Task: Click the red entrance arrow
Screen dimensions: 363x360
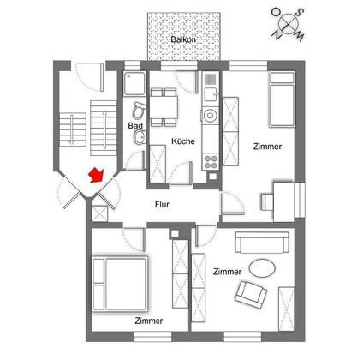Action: coord(96,175)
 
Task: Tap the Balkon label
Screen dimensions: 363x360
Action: coord(183,39)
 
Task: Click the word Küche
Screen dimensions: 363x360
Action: coord(183,141)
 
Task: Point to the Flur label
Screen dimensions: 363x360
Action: coord(162,205)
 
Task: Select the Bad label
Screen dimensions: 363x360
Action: coord(135,125)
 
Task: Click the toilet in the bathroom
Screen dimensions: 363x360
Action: coord(140,110)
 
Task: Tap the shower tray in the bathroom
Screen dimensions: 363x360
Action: coord(134,83)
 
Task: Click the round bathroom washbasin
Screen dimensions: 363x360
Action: coord(140,137)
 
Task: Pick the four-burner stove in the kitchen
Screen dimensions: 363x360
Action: coord(211,162)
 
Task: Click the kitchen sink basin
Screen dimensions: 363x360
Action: coord(211,94)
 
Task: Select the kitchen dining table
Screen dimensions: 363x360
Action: coord(164,107)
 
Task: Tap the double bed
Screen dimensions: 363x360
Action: coord(120,284)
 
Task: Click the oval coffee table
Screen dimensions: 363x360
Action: coord(262,268)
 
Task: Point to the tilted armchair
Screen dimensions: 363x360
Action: coord(251,295)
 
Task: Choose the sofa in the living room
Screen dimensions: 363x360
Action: coord(262,243)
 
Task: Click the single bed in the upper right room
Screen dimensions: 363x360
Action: coord(282,99)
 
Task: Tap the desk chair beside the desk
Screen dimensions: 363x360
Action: coord(267,202)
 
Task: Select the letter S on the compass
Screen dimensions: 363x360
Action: coord(301,12)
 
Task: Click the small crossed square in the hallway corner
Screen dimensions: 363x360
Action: coord(100,213)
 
